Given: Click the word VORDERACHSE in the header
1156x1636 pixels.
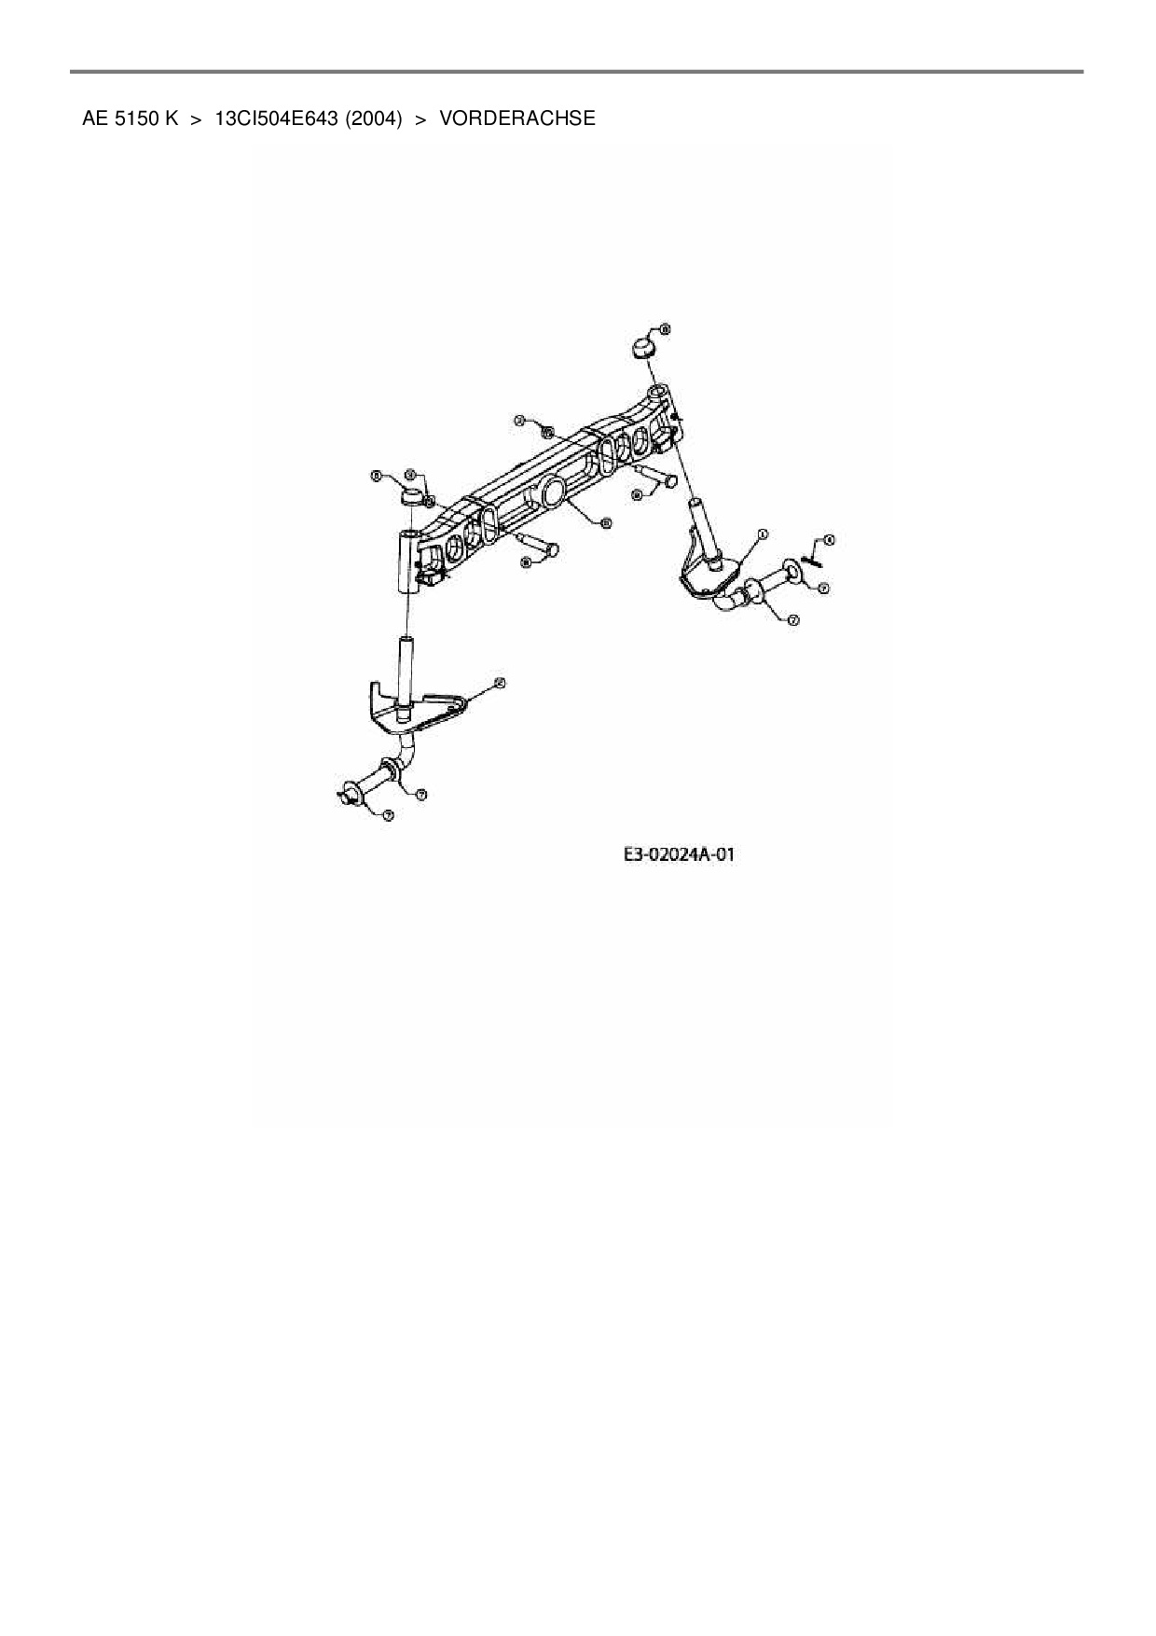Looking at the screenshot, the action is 516,118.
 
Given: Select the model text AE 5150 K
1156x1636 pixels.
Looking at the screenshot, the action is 130,118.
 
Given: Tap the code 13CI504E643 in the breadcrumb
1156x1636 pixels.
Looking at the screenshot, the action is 276,118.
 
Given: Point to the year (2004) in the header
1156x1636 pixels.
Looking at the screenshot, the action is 373,118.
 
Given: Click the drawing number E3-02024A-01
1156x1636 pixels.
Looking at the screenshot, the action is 679,853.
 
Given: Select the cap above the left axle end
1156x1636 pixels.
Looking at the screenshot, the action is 411,495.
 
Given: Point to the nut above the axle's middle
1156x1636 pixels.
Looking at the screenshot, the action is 547,433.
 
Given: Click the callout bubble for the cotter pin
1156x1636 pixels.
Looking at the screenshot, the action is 830,540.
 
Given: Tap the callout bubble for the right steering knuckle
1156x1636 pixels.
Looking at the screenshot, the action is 762,534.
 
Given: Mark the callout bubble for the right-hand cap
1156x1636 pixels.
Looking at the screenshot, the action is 665,328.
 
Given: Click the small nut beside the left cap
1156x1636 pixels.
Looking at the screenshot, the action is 429,501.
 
